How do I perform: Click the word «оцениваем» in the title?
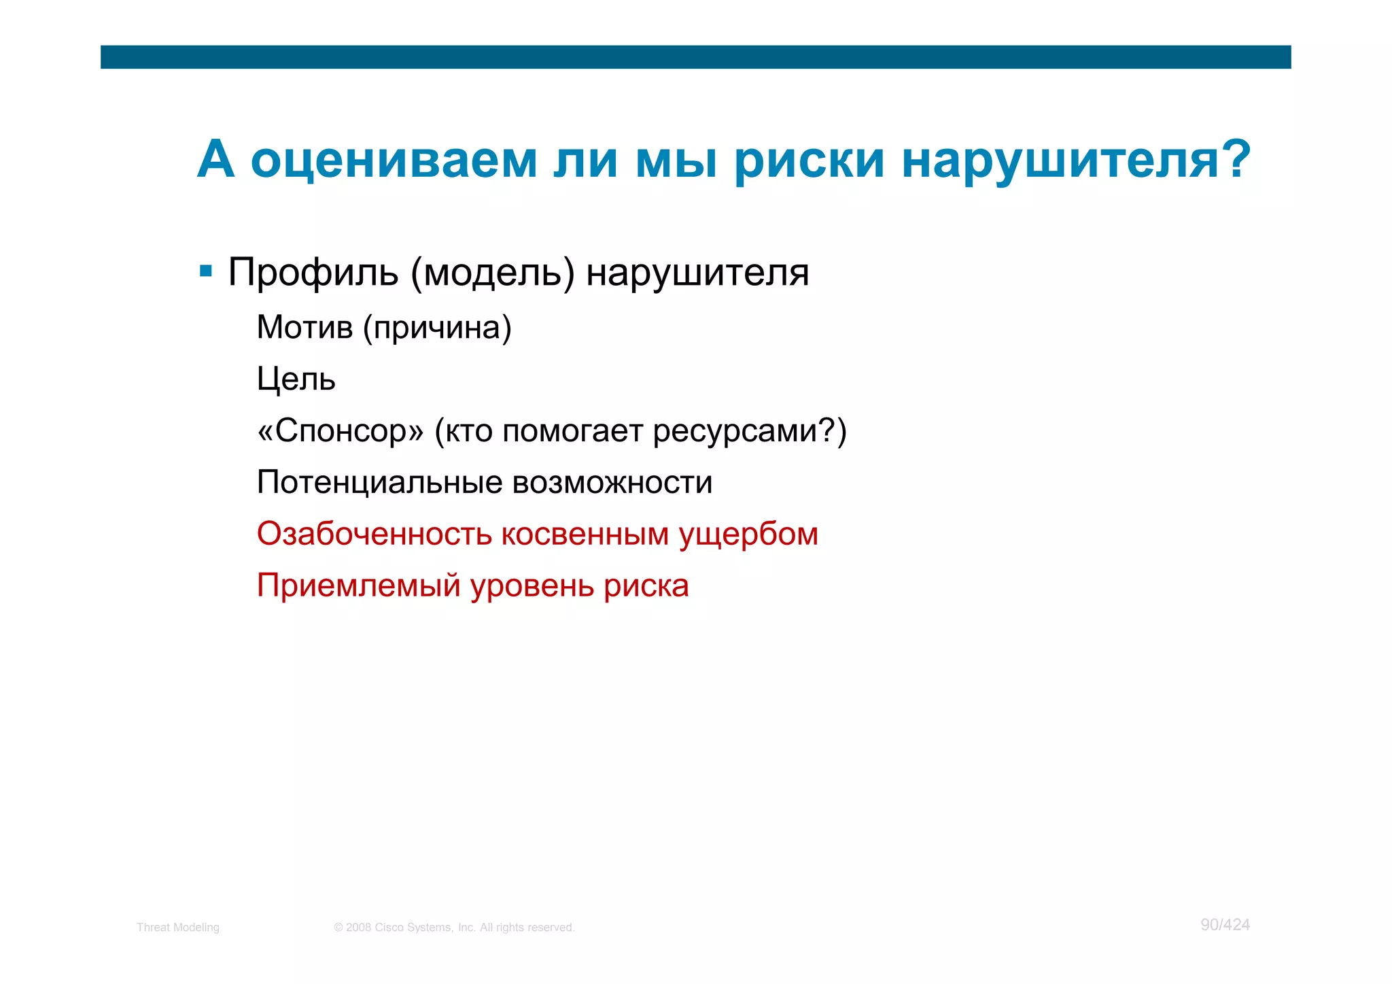(x=394, y=160)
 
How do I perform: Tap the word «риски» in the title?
(x=809, y=160)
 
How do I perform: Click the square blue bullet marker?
(x=206, y=272)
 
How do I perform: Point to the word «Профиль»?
(x=313, y=273)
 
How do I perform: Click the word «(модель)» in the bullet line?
(x=492, y=273)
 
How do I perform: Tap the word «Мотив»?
(x=304, y=327)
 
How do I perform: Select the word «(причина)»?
(x=436, y=328)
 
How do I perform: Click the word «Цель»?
(x=296, y=379)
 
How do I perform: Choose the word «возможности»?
(x=612, y=482)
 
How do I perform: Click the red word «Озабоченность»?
(x=374, y=534)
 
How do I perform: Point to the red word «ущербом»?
(x=748, y=535)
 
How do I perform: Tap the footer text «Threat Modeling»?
(x=178, y=927)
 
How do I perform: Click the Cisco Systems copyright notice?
(x=454, y=927)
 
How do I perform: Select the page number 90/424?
(x=1225, y=925)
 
